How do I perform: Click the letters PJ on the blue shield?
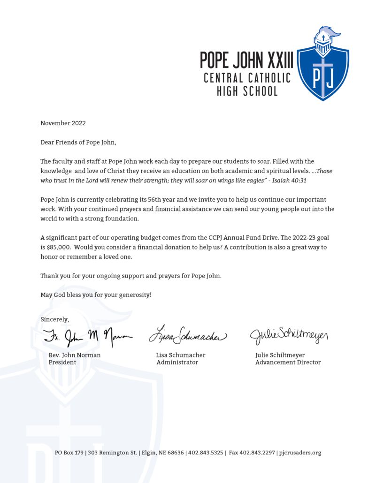(323, 78)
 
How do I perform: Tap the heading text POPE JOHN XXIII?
(246, 60)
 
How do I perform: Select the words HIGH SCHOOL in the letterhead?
(247, 91)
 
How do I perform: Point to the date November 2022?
(63, 123)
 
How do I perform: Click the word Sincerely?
(54, 319)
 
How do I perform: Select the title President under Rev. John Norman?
(62, 362)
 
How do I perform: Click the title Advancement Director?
(288, 362)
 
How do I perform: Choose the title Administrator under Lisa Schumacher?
(177, 362)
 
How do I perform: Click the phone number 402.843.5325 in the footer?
(206, 453)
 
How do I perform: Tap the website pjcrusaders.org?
(299, 453)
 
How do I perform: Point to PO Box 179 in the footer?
(69, 453)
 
